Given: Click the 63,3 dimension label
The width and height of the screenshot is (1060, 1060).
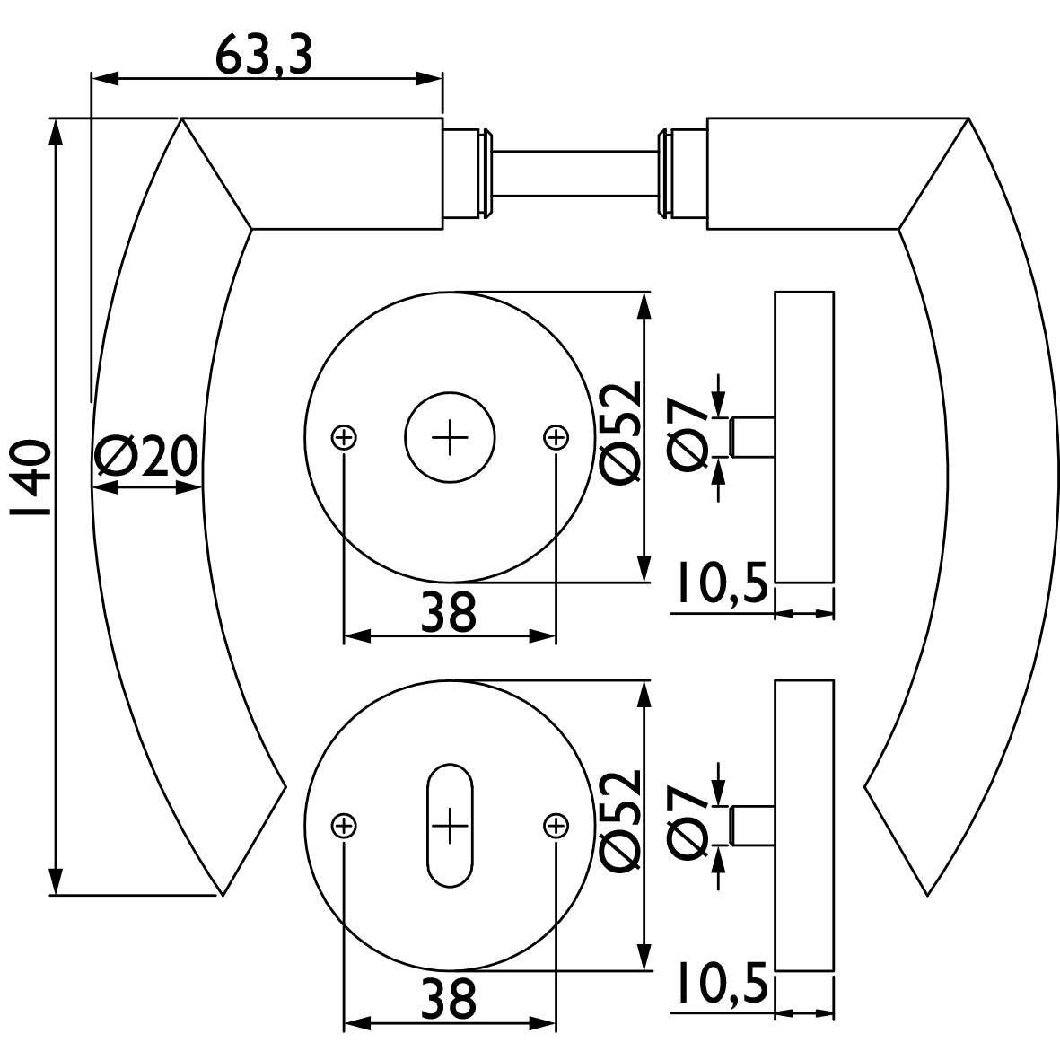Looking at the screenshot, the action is click(x=264, y=57).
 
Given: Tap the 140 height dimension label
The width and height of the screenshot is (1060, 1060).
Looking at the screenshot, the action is click(x=31, y=478).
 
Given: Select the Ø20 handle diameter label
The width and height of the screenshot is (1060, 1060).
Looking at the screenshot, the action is click(x=146, y=456).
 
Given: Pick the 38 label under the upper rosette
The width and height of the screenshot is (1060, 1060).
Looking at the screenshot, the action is click(x=449, y=612).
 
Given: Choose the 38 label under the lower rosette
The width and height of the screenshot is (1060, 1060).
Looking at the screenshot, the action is click(x=449, y=998).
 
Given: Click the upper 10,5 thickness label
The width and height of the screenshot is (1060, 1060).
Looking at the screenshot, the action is click(x=722, y=582).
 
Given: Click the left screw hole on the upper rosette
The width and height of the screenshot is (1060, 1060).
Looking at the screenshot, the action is click(x=344, y=437).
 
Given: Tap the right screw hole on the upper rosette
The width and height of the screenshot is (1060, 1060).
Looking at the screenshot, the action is click(x=556, y=437).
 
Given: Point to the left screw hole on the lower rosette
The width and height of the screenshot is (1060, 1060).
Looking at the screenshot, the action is click(x=344, y=826).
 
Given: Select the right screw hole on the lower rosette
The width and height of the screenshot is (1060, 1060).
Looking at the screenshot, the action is click(x=556, y=826).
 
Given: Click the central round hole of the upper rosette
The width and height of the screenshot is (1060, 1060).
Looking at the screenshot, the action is click(x=451, y=437).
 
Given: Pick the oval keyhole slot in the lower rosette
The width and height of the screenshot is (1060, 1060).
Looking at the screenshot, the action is click(x=451, y=826).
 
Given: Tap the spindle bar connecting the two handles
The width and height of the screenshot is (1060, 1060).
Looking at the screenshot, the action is click(x=575, y=174).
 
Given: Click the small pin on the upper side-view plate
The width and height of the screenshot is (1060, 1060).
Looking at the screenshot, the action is click(x=752, y=437).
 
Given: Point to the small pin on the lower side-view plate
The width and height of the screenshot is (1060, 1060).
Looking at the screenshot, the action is click(x=752, y=826).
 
